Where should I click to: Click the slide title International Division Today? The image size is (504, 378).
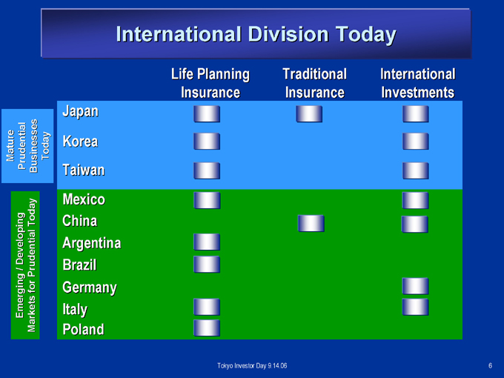tap(256, 34)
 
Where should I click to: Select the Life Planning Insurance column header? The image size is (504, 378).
tap(210, 83)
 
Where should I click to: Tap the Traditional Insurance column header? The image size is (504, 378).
tap(315, 83)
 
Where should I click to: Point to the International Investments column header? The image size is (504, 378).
tap(418, 83)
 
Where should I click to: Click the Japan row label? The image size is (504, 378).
tap(80, 112)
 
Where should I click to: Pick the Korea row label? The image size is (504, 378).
tap(80, 142)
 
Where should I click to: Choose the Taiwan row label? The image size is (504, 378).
tap(84, 170)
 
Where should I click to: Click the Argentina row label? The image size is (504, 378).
tap(92, 243)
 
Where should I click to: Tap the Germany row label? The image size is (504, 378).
tap(90, 288)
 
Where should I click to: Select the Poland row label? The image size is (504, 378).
tap(83, 329)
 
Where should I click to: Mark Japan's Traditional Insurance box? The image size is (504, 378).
tap(309, 114)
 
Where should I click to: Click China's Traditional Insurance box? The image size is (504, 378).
tap(311, 223)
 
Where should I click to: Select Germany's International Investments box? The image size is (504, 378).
tap(416, 286)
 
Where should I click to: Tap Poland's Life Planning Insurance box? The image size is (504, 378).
tap(207, 328)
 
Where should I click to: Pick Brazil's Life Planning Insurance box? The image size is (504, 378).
tap(207, 265)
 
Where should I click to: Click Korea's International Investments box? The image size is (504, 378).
tap(416, 142)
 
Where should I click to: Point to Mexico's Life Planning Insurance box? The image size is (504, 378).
tap(207, 201)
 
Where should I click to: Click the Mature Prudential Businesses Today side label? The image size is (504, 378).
tap(28, 146)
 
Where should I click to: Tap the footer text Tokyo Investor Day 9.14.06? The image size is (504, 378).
tap(252, 366)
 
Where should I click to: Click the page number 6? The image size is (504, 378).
tap(490, 366)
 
